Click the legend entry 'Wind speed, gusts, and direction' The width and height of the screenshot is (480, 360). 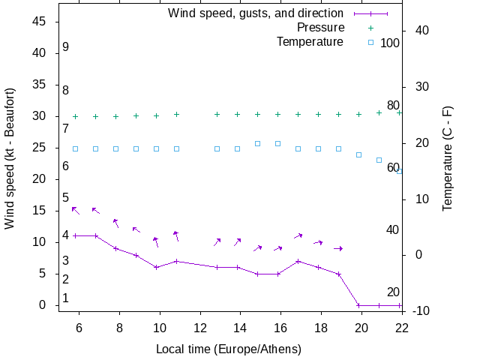pos(256,13)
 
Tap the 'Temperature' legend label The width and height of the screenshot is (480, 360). pos(310,41)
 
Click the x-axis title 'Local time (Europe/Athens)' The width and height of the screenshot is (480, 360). pos(229,349)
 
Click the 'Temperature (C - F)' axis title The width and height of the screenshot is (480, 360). pos(447,158)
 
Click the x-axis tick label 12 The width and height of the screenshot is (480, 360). pos(200,328)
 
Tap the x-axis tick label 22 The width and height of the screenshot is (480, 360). pos(401,328)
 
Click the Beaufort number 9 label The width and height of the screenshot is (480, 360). pos(66,47)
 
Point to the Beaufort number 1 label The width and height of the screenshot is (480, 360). pos(66,298)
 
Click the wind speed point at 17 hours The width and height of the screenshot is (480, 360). pos(298,261)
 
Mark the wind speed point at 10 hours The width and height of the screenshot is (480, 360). pos(156,267)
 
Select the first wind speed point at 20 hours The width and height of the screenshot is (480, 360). pos(358,305)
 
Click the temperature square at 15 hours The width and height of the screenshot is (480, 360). pos(257,143)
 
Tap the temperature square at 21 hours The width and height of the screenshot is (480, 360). pos(379,160)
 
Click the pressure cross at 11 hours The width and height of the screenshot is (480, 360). pos(176,115)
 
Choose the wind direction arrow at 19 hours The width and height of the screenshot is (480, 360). pos(338,248)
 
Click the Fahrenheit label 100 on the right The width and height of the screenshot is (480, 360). pos(390,43)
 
